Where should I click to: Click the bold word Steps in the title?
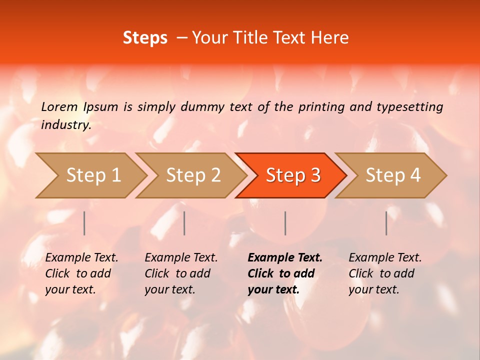(145, 38)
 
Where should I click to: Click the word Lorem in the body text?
(59, 106)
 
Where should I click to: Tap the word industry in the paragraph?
(66, 124)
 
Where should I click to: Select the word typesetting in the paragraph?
(409, 106)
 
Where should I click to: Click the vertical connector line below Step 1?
(84, 223)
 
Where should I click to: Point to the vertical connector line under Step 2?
(184, 223)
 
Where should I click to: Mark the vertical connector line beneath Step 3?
(285, 223)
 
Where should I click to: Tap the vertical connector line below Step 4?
(386, 223)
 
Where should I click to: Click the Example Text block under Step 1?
(81, 273)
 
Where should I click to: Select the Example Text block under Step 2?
(181, 273)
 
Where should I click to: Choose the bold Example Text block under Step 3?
(284, 273)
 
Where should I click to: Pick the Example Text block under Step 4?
(385, 273)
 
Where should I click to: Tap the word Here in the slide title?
(329, 38)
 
